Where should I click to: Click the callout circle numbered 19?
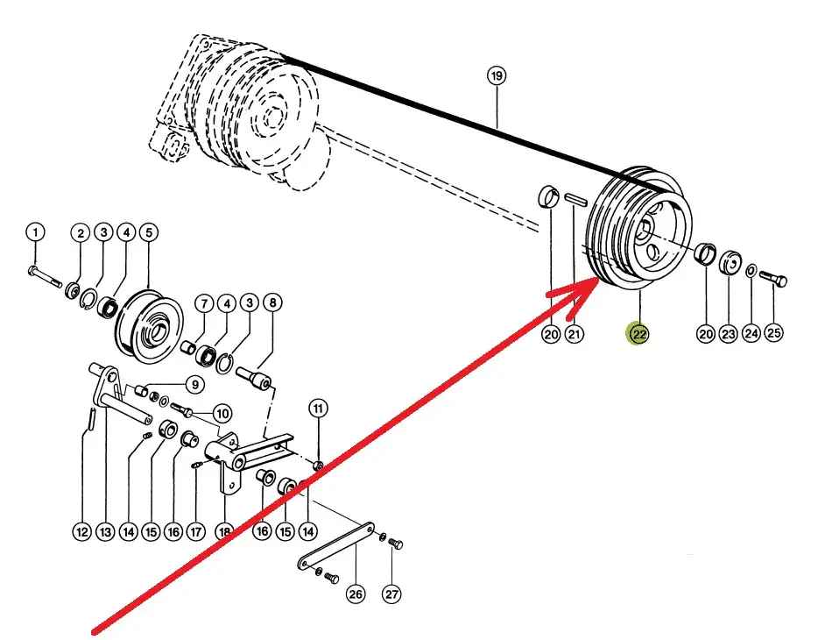(x=497, y=76)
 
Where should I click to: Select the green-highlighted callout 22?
(x=638, y=333)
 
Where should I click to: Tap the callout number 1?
(x=34, y=232)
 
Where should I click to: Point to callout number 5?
(x=148, y=232)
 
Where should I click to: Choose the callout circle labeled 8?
(x=272, y=303)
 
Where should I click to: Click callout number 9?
(x=194, y=383)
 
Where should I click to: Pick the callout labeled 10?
(x=221, y=413)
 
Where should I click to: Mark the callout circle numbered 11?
(x=318, y=408)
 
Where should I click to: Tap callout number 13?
(x=105, y=531)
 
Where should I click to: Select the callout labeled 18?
(x=225, y=531)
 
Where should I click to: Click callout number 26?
(x=356, y=594)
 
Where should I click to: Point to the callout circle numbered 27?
(x=391, y=594)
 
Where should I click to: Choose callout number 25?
(x=774, y=333)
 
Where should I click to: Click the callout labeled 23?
(x=729, y=333)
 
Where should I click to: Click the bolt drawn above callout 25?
(x=774, y=280)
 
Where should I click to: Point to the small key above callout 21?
(x=575, y=201)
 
